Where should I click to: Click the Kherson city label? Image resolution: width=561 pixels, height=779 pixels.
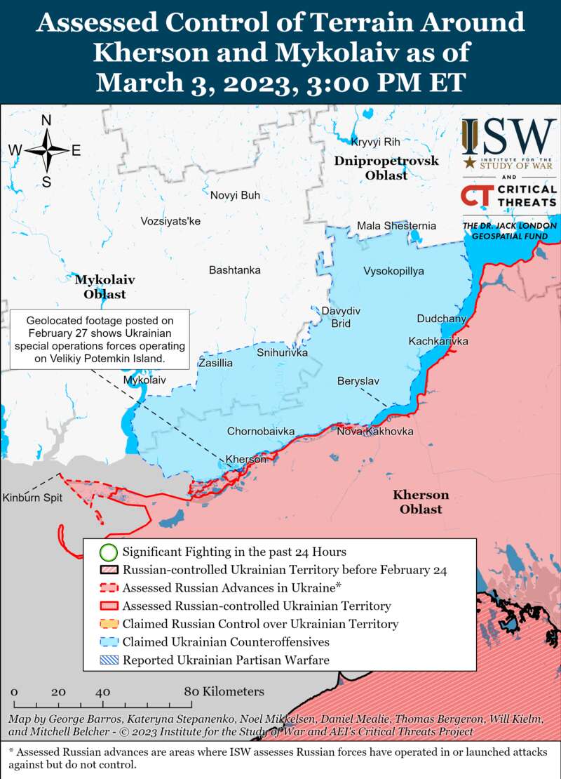pyautogui.click(x=245, y=459)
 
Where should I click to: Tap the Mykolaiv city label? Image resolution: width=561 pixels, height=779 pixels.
pyautogui.click(x=144, y=380)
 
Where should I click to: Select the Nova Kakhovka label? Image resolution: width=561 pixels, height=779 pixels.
pyautogui.click(x=374, y=431)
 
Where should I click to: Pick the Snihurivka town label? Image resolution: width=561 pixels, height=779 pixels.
pyautogui.click(x=282, y=352)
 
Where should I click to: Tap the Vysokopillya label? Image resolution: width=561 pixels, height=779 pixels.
pyautogui.click(x=393, y=271)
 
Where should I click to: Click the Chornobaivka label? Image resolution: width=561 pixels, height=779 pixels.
pyautogui.click(x=260, y=431)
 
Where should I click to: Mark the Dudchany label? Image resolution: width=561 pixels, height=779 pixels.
pyautogui.click(x=441, y=319)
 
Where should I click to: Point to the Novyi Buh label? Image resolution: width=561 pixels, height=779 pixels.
pyautogui.click(x=235, y=195)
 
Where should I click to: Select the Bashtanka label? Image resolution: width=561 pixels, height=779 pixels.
pyautogui.click(x=234, y=269)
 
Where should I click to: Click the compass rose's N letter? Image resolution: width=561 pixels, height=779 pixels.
pyautogui.click(x=46, y=121)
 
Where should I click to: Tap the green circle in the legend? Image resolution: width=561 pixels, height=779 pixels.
pyautogui.click(x=108, y=552)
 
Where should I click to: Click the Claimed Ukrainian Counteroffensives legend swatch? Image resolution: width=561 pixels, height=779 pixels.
pyautogui.click(x=108, y=641)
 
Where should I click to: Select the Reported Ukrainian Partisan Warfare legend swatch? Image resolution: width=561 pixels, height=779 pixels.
pyautogui.click(x=108, y=660)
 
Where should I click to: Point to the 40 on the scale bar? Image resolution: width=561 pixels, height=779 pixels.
pyautogui.click(x=102, y=691)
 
